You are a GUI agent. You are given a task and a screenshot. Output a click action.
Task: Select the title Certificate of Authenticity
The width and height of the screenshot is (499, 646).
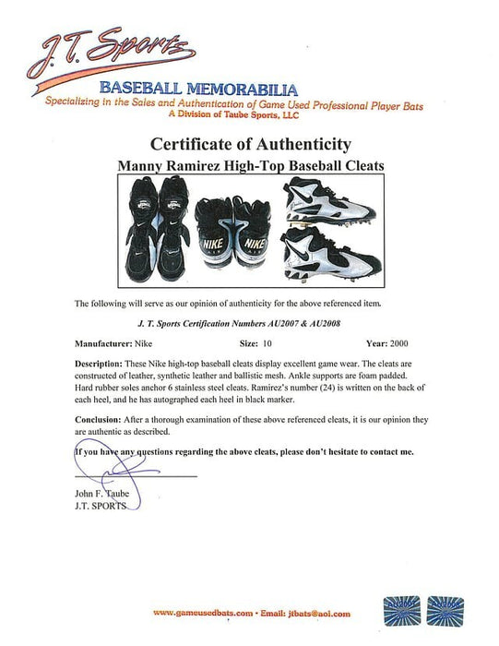249,145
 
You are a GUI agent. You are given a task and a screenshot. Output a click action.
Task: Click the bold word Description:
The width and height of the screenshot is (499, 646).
102,364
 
